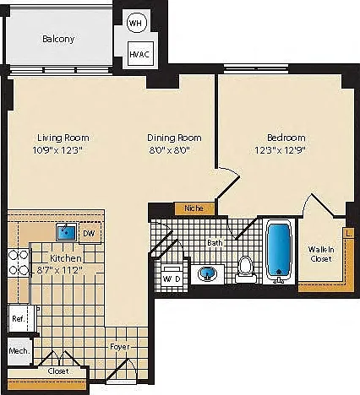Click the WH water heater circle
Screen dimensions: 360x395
pyautogui.click(x=137, y=23)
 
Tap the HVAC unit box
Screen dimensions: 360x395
pyautogui.click(x=140, y=53)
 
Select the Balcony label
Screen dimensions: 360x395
pyautogui.click(x=58, y=39)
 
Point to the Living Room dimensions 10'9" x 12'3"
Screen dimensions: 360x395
pyautogui.click(x=57, y=150)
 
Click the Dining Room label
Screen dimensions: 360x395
pyautogui.click(x=174, y=138)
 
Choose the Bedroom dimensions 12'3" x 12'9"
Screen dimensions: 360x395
pyautogui.click(x=281, y=150)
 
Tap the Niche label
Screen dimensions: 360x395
pyautogui.click(x=194, y=208)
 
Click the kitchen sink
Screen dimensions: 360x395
pyautogui.click(x=67, y=232)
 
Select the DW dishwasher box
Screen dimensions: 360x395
pyautogui.click(x=90, y=233)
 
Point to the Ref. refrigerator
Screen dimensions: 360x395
pyautogui.click(x=19, y=318)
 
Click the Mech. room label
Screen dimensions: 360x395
pyautogui.click(x=19, y=351)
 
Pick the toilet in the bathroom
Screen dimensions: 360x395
pyautogui.click(x=246, y=269)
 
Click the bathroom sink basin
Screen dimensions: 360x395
pyautogui.click(x=207, y=273)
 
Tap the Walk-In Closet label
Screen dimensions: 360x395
pyautogui.click(x=321, y=254)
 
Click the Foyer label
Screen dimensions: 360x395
pyautogui.click(x=120, y=347)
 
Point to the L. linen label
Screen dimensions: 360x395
pyautogui.click(x=349, y=233)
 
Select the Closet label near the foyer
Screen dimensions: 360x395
pyautogui.click(x=58, y=371)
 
